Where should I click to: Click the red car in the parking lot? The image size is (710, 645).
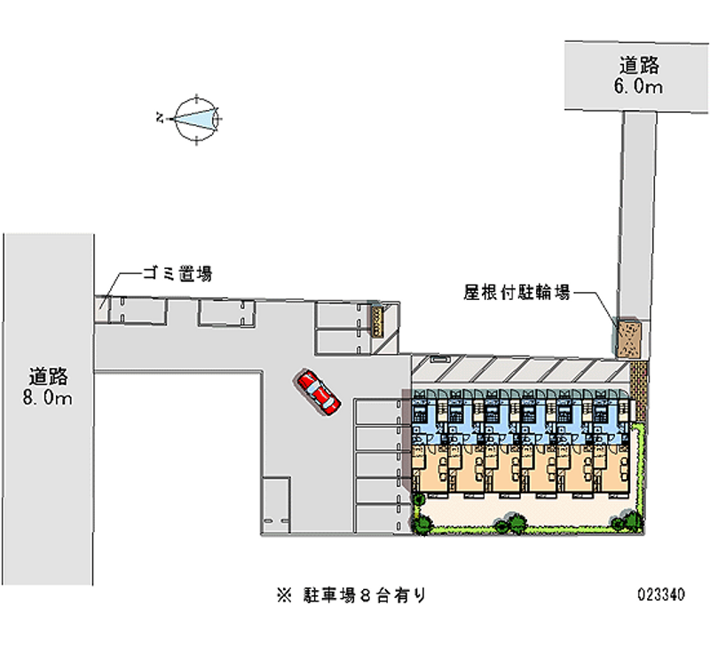point(318,392)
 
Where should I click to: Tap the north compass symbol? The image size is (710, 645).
point(197,120)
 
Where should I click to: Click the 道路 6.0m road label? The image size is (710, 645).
point(638,75)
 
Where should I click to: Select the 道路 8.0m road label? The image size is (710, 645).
point(48,387)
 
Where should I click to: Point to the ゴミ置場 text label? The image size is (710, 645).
point(178,273)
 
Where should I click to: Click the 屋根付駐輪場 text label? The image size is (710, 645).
point(517,293)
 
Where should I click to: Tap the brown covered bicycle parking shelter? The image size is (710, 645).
point(628,338)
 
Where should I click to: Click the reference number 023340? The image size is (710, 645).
point(661,594)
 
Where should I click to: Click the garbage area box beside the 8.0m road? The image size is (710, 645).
point(101,310)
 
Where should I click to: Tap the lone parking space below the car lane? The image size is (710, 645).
point(276,505)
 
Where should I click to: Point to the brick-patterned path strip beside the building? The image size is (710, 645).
point(638,390)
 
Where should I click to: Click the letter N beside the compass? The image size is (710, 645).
point(159,118)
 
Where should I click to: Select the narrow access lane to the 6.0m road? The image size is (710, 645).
point(636,215)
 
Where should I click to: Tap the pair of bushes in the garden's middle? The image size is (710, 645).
point(510,523)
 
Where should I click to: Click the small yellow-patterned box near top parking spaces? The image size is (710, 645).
point(376,321)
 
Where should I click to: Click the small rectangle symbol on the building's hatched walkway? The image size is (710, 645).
point(439,359)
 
